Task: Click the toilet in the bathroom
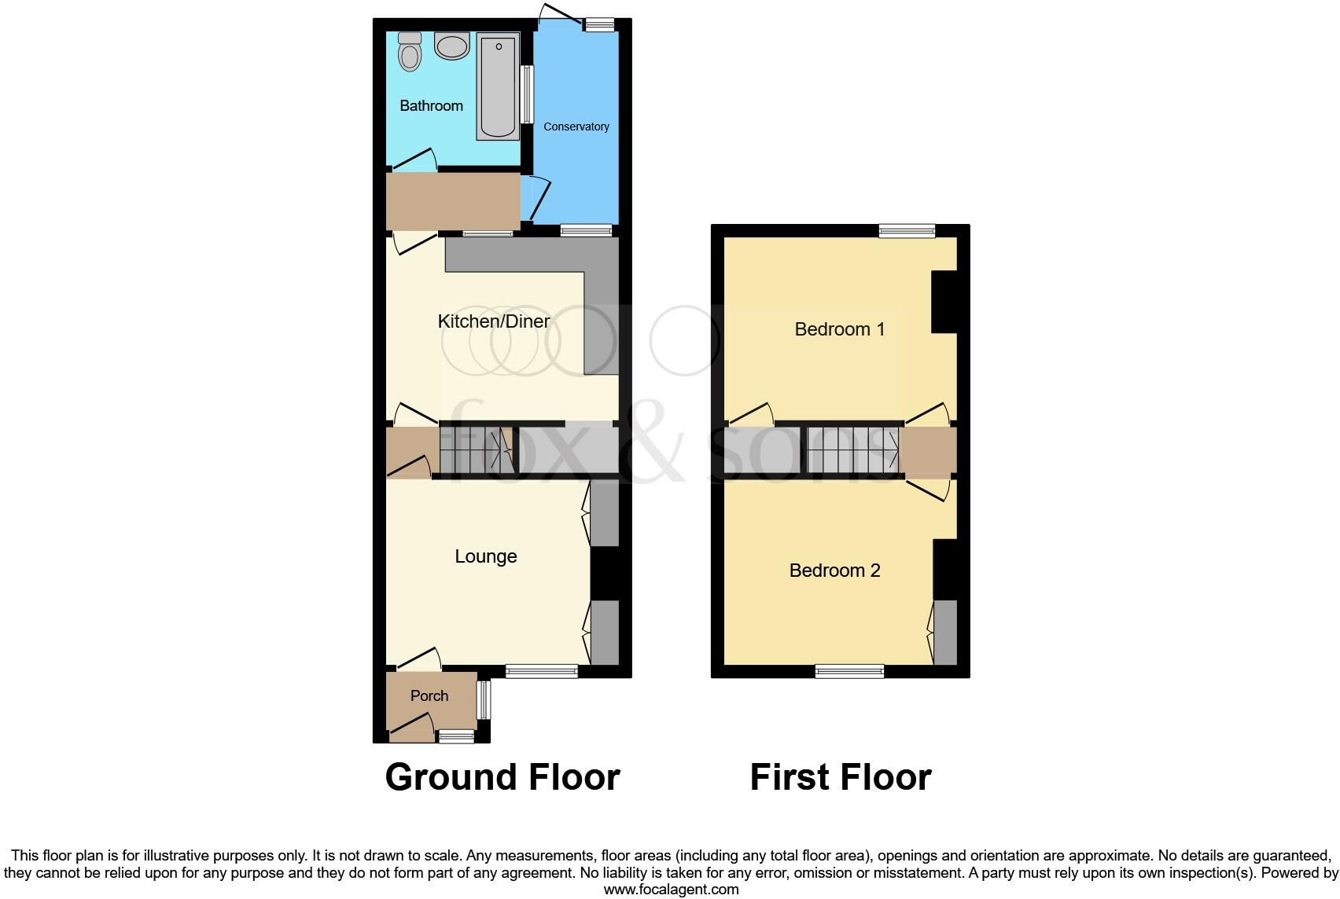tap(410, 53)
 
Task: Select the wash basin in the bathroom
tap(452, 47)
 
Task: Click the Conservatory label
tap(576, 127)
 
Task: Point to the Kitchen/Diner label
tap(493, 321)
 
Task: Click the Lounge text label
tap(486, 556)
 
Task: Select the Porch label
tap(429, 695)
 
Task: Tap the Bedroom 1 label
tap(839, 328)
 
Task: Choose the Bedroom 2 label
tap(834, 571)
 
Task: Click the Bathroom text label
tap(431, 105)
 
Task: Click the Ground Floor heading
tap(502, 776)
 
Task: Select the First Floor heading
tap(840, 776)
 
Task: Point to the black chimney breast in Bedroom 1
tap(944, 302)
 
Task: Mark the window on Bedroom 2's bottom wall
tap(849, 670)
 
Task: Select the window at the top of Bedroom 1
tap(907, 230)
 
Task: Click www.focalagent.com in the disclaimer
tap(671, 890)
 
